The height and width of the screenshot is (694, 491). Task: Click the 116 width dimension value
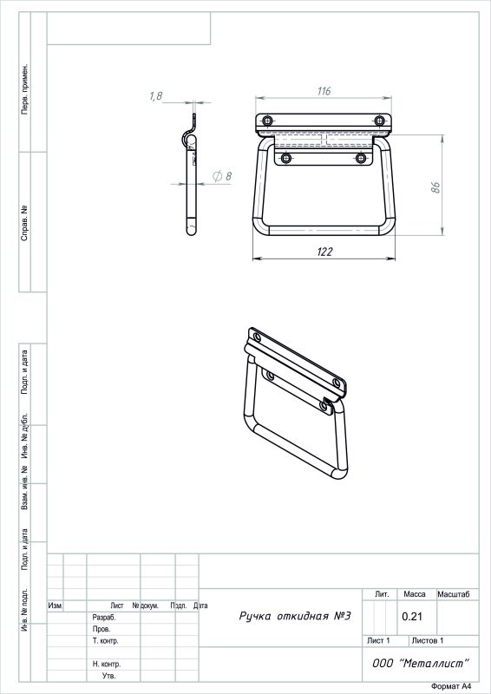(x=324, y=91)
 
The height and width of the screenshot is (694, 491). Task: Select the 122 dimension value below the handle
(x=324, y=252)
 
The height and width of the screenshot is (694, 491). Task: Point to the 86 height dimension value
(x=435, y=187)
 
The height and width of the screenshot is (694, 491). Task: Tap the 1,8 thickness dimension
(x=156, y=96)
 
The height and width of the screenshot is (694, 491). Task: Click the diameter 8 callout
(x=222, y=177)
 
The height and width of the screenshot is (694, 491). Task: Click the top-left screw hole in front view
(x=267, y=121)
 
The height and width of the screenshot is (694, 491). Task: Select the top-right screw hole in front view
(x=379, y=121)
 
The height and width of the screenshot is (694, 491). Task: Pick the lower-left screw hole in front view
(x=286, y=158)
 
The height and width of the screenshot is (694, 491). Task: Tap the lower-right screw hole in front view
(x=361, y=158)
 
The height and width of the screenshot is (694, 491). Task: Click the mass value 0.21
(x=412, y=617)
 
